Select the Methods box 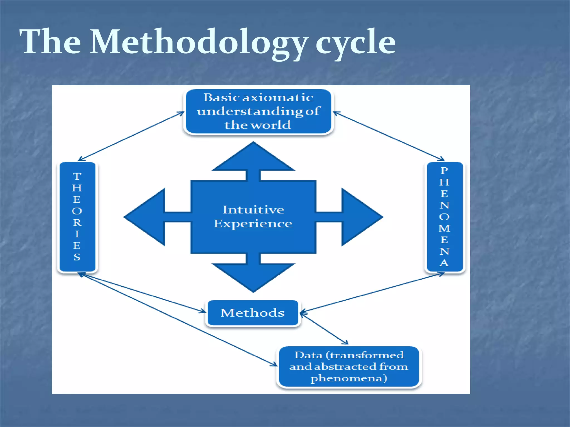(252, 313)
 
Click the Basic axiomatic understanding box (258, 111)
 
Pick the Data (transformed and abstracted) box (349, 366)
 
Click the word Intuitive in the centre (253, 210)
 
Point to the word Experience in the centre (253, 224)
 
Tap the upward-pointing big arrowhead (253, 157)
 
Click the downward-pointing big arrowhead (253, 277)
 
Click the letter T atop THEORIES (77, 176)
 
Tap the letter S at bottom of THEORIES (77, 257)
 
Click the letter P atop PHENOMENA (444, 170)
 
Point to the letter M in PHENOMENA (444, 228)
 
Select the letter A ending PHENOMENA (444, 263)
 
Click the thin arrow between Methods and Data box (325, 328)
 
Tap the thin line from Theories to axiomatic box (131, 136)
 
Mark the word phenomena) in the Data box (349, 378)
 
